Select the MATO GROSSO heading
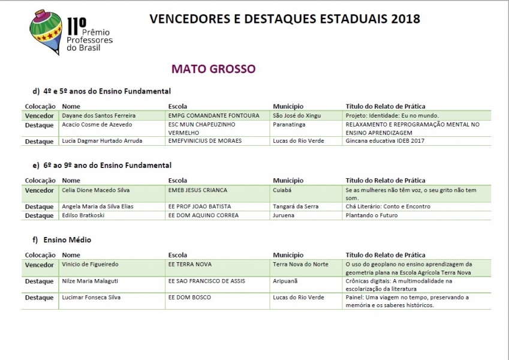pyautogui.click(x=213, y=69)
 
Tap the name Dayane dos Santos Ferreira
pyautogui.click(x=99, y=115)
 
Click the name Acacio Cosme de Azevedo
pyautogui.click(x=97, y=124)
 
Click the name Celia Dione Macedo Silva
pyautogui.click(x=95, y=190)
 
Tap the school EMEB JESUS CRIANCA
pyautogui.click(x=198, y=190)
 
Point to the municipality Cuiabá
pyautogui.click(x=282, y=190)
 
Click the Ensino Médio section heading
pyautogui.click(x=67, y=240)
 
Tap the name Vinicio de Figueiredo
pyautogui.click(x=91, y=264)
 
